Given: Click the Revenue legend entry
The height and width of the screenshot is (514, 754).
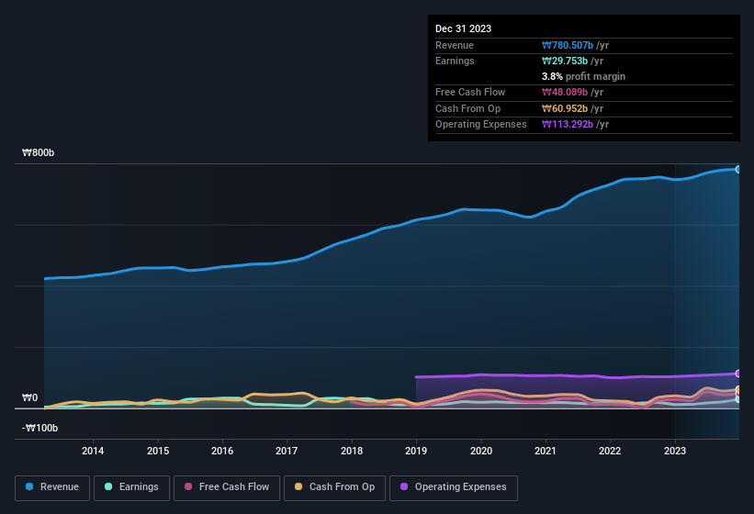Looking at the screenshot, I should tap(53, 486).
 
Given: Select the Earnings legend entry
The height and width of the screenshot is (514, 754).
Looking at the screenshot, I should tap(132, 486).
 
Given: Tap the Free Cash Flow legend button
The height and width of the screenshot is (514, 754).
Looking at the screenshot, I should tap(227, 486).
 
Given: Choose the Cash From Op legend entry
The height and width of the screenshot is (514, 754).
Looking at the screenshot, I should tap(333, 486).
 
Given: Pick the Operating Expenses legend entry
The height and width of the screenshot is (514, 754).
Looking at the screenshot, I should tap(454, 486).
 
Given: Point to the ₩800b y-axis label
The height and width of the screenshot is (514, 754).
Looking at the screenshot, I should tap(39, 152).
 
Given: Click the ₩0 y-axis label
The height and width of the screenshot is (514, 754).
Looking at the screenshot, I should tap(29, 397).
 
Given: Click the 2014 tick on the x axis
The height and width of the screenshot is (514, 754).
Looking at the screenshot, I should tap(92, 451).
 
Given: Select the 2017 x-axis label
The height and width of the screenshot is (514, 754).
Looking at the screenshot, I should tap(287, 451).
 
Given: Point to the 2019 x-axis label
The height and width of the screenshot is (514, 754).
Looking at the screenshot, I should tap(416, 451).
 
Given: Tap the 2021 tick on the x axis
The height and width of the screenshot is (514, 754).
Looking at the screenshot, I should tap(546, 451).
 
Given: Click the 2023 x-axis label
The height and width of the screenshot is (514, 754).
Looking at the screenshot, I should tap(675, 451).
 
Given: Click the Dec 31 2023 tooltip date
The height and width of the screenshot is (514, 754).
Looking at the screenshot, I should tap(463, 28).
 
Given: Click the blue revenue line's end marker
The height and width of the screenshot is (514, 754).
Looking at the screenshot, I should tap(737, 169).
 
